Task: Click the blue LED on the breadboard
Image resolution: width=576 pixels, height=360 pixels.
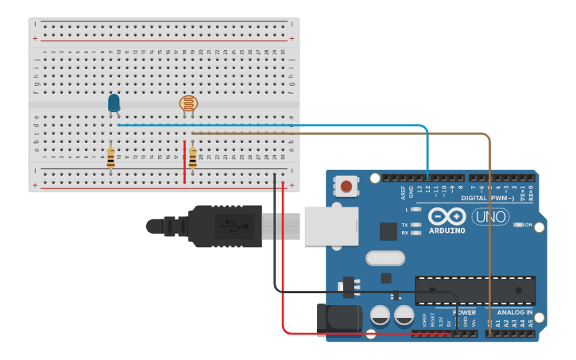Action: [x=114, y=102]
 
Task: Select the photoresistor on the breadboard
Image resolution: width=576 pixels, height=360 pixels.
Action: [x=188, y=103]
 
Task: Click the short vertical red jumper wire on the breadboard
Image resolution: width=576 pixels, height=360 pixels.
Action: [x=185, y=163]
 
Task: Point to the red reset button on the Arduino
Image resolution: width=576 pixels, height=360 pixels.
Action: [x=346, y=188]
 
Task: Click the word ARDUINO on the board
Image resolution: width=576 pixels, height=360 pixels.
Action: [x=446, y=230]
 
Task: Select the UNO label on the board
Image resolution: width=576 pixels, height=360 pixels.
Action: [x=490, y=216]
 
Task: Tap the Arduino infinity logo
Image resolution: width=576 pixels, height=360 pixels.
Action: [x=446, y=215]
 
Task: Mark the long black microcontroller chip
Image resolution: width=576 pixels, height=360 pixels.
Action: [x=474, y=290]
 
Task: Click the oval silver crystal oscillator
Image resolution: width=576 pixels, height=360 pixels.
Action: [x=385, y=258]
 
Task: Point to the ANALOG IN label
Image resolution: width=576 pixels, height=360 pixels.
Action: [x=515, y=312]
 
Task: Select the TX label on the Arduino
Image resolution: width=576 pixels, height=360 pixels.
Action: [x=405, y=225]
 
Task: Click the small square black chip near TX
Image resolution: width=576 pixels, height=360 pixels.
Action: [x=388, y=231]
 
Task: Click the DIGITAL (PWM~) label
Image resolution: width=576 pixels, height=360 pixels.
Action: [x=484, y=198]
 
